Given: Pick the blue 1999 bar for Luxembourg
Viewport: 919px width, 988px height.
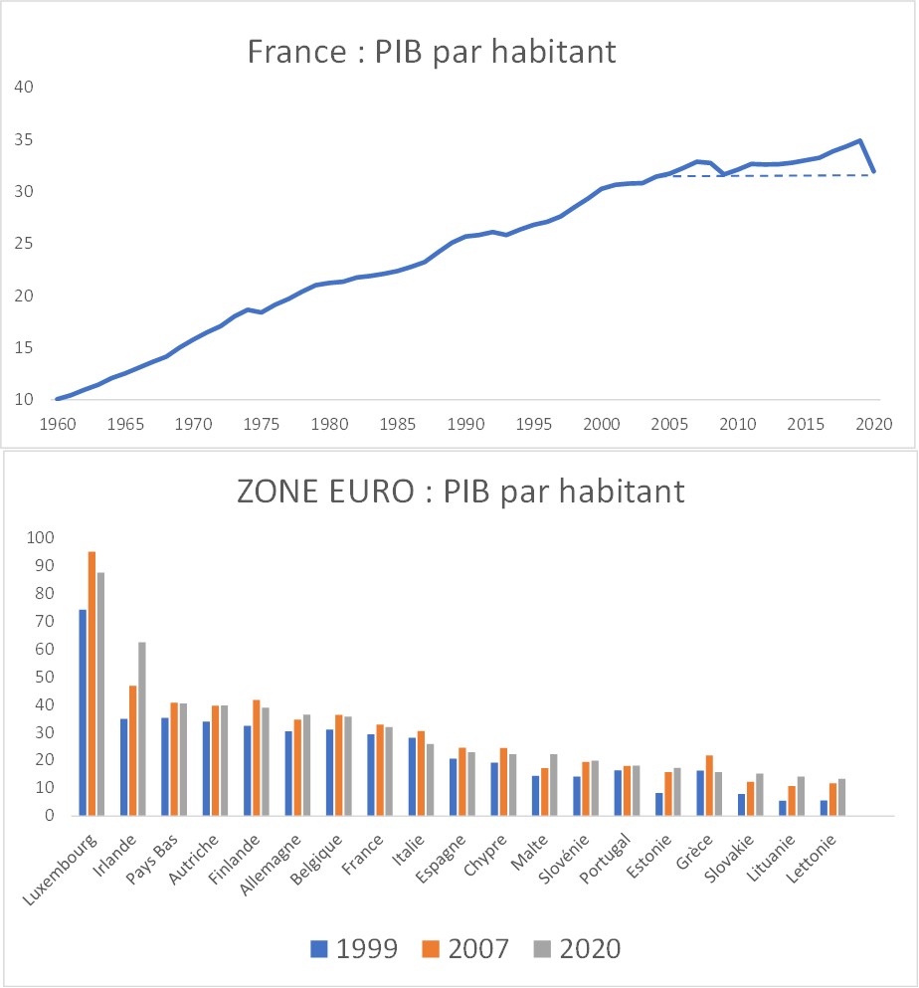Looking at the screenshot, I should click(83, 712).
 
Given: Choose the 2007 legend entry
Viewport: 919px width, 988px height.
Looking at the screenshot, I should click(461, 948).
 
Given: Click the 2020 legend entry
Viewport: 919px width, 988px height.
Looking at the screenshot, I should click(573, 948).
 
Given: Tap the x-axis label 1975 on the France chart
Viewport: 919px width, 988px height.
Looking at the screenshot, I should click(262, 423).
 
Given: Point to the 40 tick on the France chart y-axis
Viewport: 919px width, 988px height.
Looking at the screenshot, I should click(25, 87).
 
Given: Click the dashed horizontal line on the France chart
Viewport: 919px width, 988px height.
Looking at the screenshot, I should click(776, 175).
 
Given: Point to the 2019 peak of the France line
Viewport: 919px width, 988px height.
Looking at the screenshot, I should click(859, 140).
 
